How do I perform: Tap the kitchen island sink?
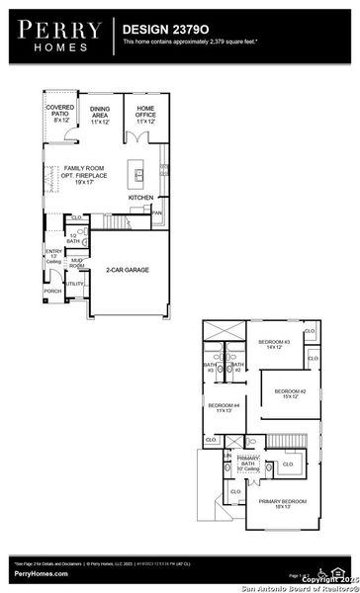140,176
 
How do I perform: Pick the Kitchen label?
139,198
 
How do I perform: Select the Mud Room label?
76,264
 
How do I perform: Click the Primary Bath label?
247,462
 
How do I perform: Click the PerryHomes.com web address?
42,573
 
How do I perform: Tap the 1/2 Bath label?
73,238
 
